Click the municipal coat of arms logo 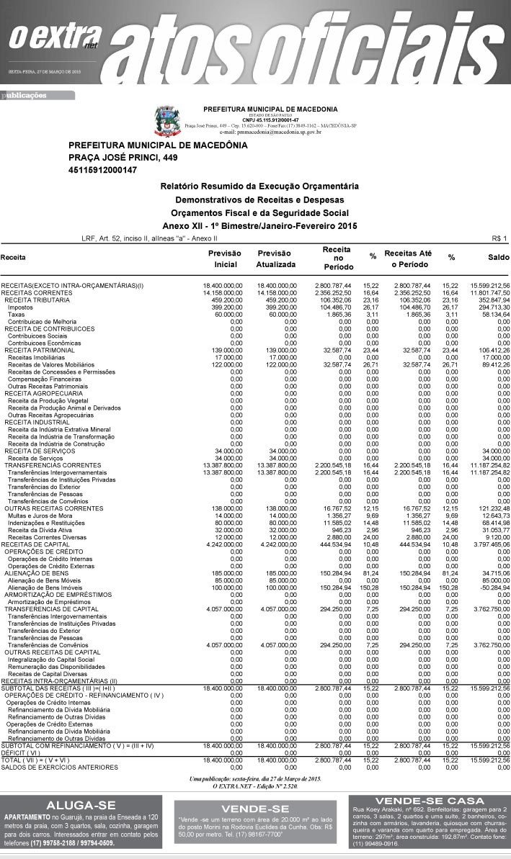pyautogui.click(x=165, y=120)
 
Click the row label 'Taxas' pyautogui.click(x=17, y=314)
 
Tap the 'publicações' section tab pyautogui.click(x=25, y=94)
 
